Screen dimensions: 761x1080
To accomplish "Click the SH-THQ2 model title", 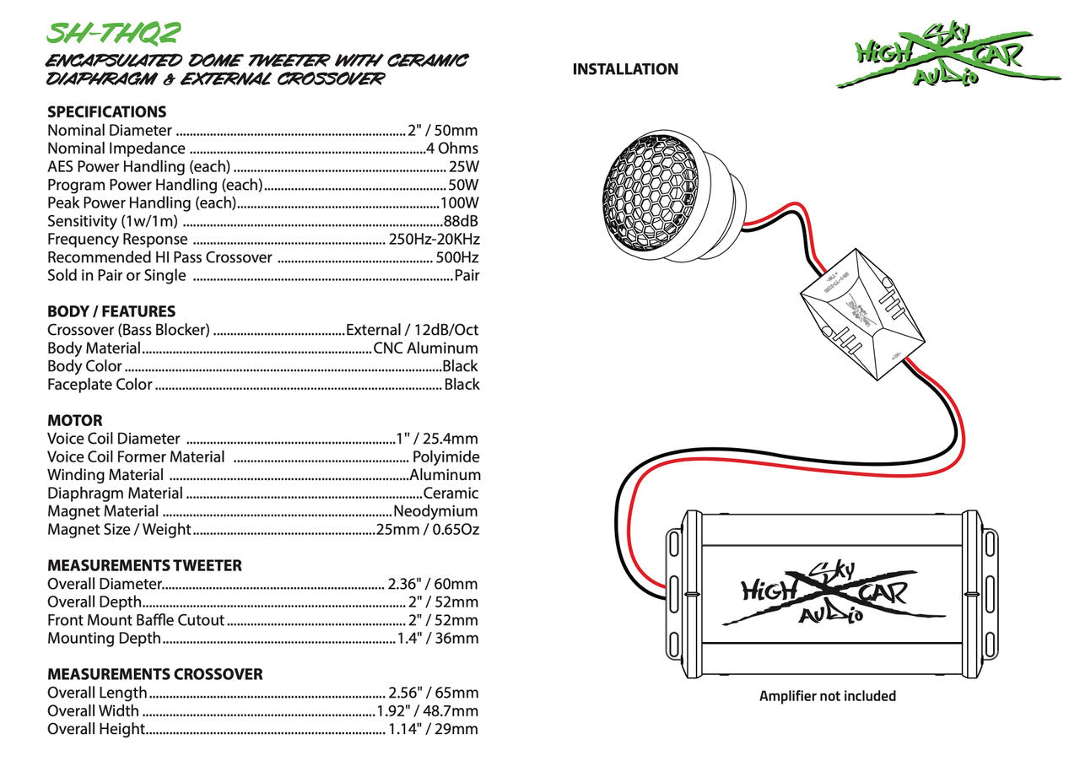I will point(113,32).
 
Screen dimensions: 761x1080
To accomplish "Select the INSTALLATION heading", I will point(625,69).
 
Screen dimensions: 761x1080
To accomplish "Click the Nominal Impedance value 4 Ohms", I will point(453,148).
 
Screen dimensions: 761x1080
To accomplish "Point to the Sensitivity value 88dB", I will point(462,221).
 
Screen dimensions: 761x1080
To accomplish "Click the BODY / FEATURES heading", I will point(111,311).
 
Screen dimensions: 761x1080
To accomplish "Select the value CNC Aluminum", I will point(426,348).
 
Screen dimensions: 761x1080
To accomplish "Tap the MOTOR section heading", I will point(75,420).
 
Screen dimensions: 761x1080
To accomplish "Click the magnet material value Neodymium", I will point(436,511).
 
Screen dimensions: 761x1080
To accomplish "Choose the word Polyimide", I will point(446,457).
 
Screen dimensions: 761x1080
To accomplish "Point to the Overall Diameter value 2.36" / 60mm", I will point(433,584).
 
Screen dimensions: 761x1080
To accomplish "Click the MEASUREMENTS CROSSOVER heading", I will point(155,674).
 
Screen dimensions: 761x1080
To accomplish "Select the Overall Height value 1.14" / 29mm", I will point(433,729).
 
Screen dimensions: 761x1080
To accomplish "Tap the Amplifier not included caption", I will point(828,696).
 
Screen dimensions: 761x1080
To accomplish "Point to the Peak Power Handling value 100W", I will point(460,203).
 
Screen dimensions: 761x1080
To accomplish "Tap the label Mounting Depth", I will point(104,638).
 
